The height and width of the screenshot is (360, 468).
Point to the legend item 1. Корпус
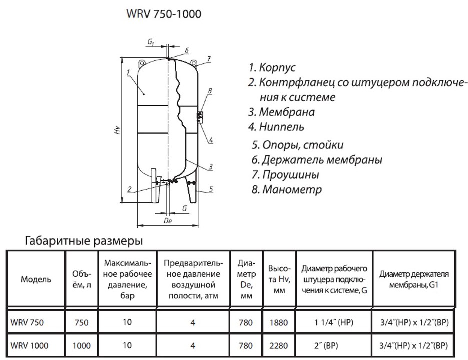pyautogui.click(x=272, y=67)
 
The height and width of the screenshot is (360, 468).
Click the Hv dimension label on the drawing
pyautogui.click(x=117, y=131)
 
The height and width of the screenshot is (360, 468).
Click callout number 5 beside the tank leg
pyautogui.click(x=212, y=189)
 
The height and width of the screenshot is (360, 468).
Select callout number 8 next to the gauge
pyautogui.click(x=210, y=91)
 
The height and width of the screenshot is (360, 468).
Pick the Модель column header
pyautogui.click(x=35, y=279)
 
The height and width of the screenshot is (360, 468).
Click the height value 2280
pyautogui.click(x=278, y=345)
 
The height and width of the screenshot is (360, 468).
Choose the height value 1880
pyautogui.click(x=278, y=323)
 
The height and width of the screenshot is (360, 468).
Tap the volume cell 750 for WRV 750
pyautogui.click(x=81, y=323)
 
